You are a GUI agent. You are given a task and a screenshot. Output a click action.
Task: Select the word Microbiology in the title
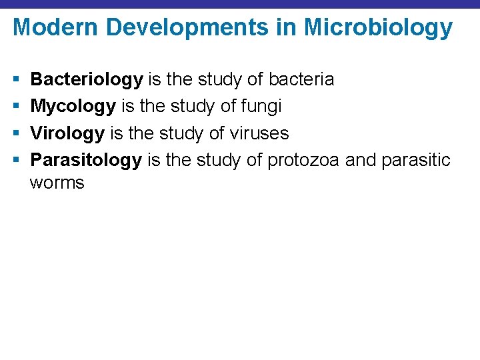click(x=379, y=28)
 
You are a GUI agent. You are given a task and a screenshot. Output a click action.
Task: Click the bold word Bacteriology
click(x=87, y=80)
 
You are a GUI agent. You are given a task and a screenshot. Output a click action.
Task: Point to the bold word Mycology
click(x=73, y=107)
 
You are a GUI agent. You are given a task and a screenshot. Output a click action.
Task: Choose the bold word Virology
click(x=67, y=133)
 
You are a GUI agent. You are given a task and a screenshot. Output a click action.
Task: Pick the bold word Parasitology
click(x=86, y=160)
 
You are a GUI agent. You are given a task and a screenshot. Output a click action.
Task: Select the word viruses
click(x=259, y=133)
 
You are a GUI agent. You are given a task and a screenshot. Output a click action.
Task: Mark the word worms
click(x=57, y=183)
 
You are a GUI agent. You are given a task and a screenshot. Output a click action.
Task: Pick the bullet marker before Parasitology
click(x=16, y=161)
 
